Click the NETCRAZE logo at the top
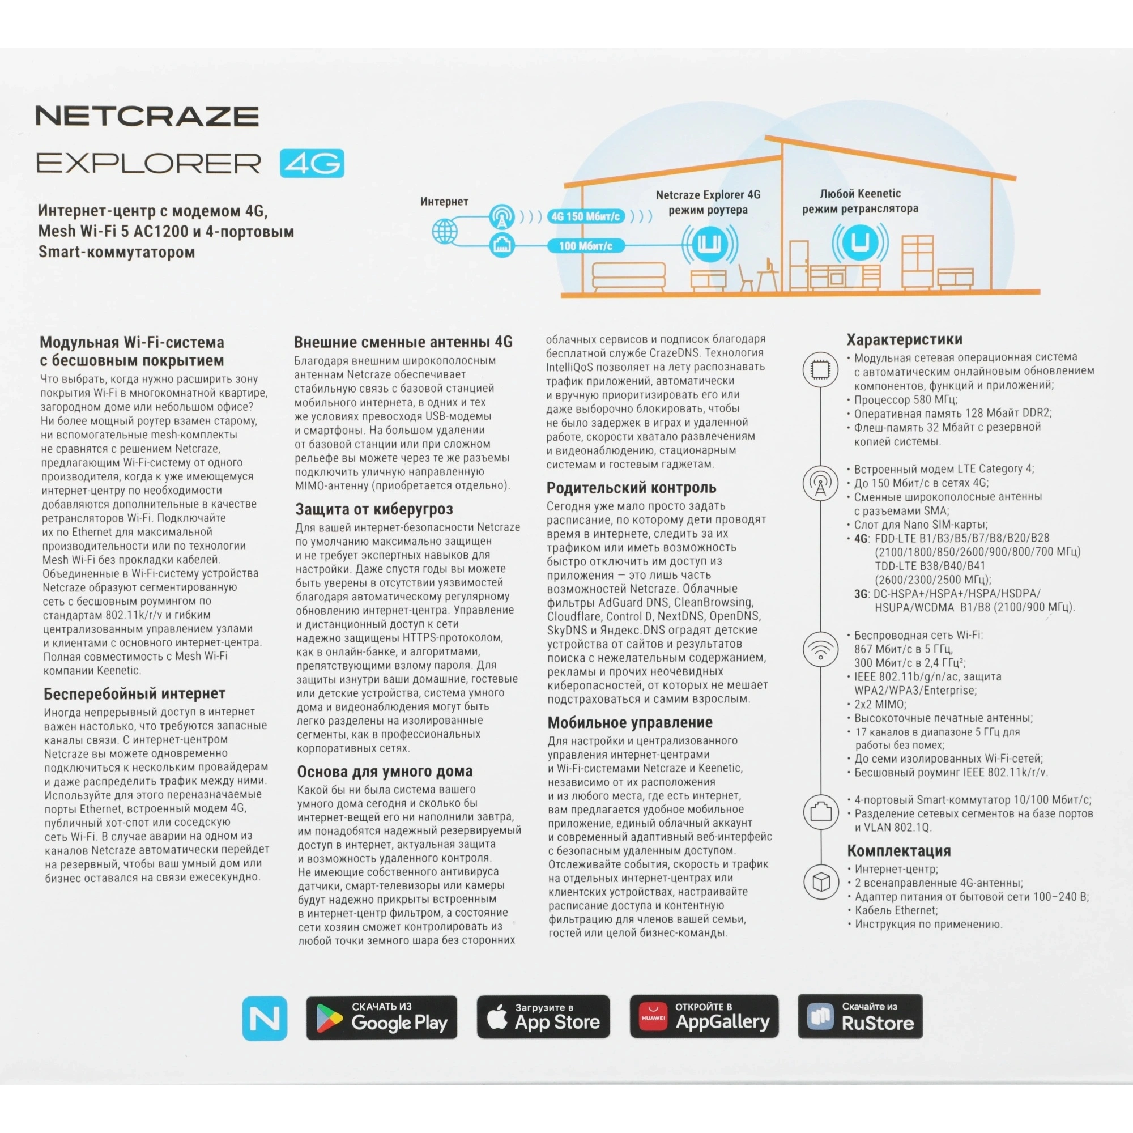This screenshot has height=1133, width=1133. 147,116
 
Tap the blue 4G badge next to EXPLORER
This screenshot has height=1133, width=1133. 312,164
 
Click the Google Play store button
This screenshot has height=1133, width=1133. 381,1017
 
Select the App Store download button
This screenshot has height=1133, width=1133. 543,1017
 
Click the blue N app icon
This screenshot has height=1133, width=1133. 265,1018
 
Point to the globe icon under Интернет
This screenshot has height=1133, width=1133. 445,231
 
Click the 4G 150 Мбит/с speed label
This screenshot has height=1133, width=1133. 585,217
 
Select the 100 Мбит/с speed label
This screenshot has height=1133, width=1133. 585,246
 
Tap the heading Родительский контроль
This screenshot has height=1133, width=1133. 631,488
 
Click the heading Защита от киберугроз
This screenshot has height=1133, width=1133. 374,509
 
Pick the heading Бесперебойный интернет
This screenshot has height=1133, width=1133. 134,694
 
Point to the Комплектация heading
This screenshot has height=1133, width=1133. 898,851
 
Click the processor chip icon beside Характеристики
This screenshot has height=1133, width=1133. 820,369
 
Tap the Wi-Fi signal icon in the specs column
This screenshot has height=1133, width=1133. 820,649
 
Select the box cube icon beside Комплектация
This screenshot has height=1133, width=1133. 820,881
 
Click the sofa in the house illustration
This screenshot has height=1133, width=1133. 628,276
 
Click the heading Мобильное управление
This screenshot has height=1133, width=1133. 630,722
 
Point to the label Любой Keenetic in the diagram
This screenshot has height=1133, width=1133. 860,194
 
